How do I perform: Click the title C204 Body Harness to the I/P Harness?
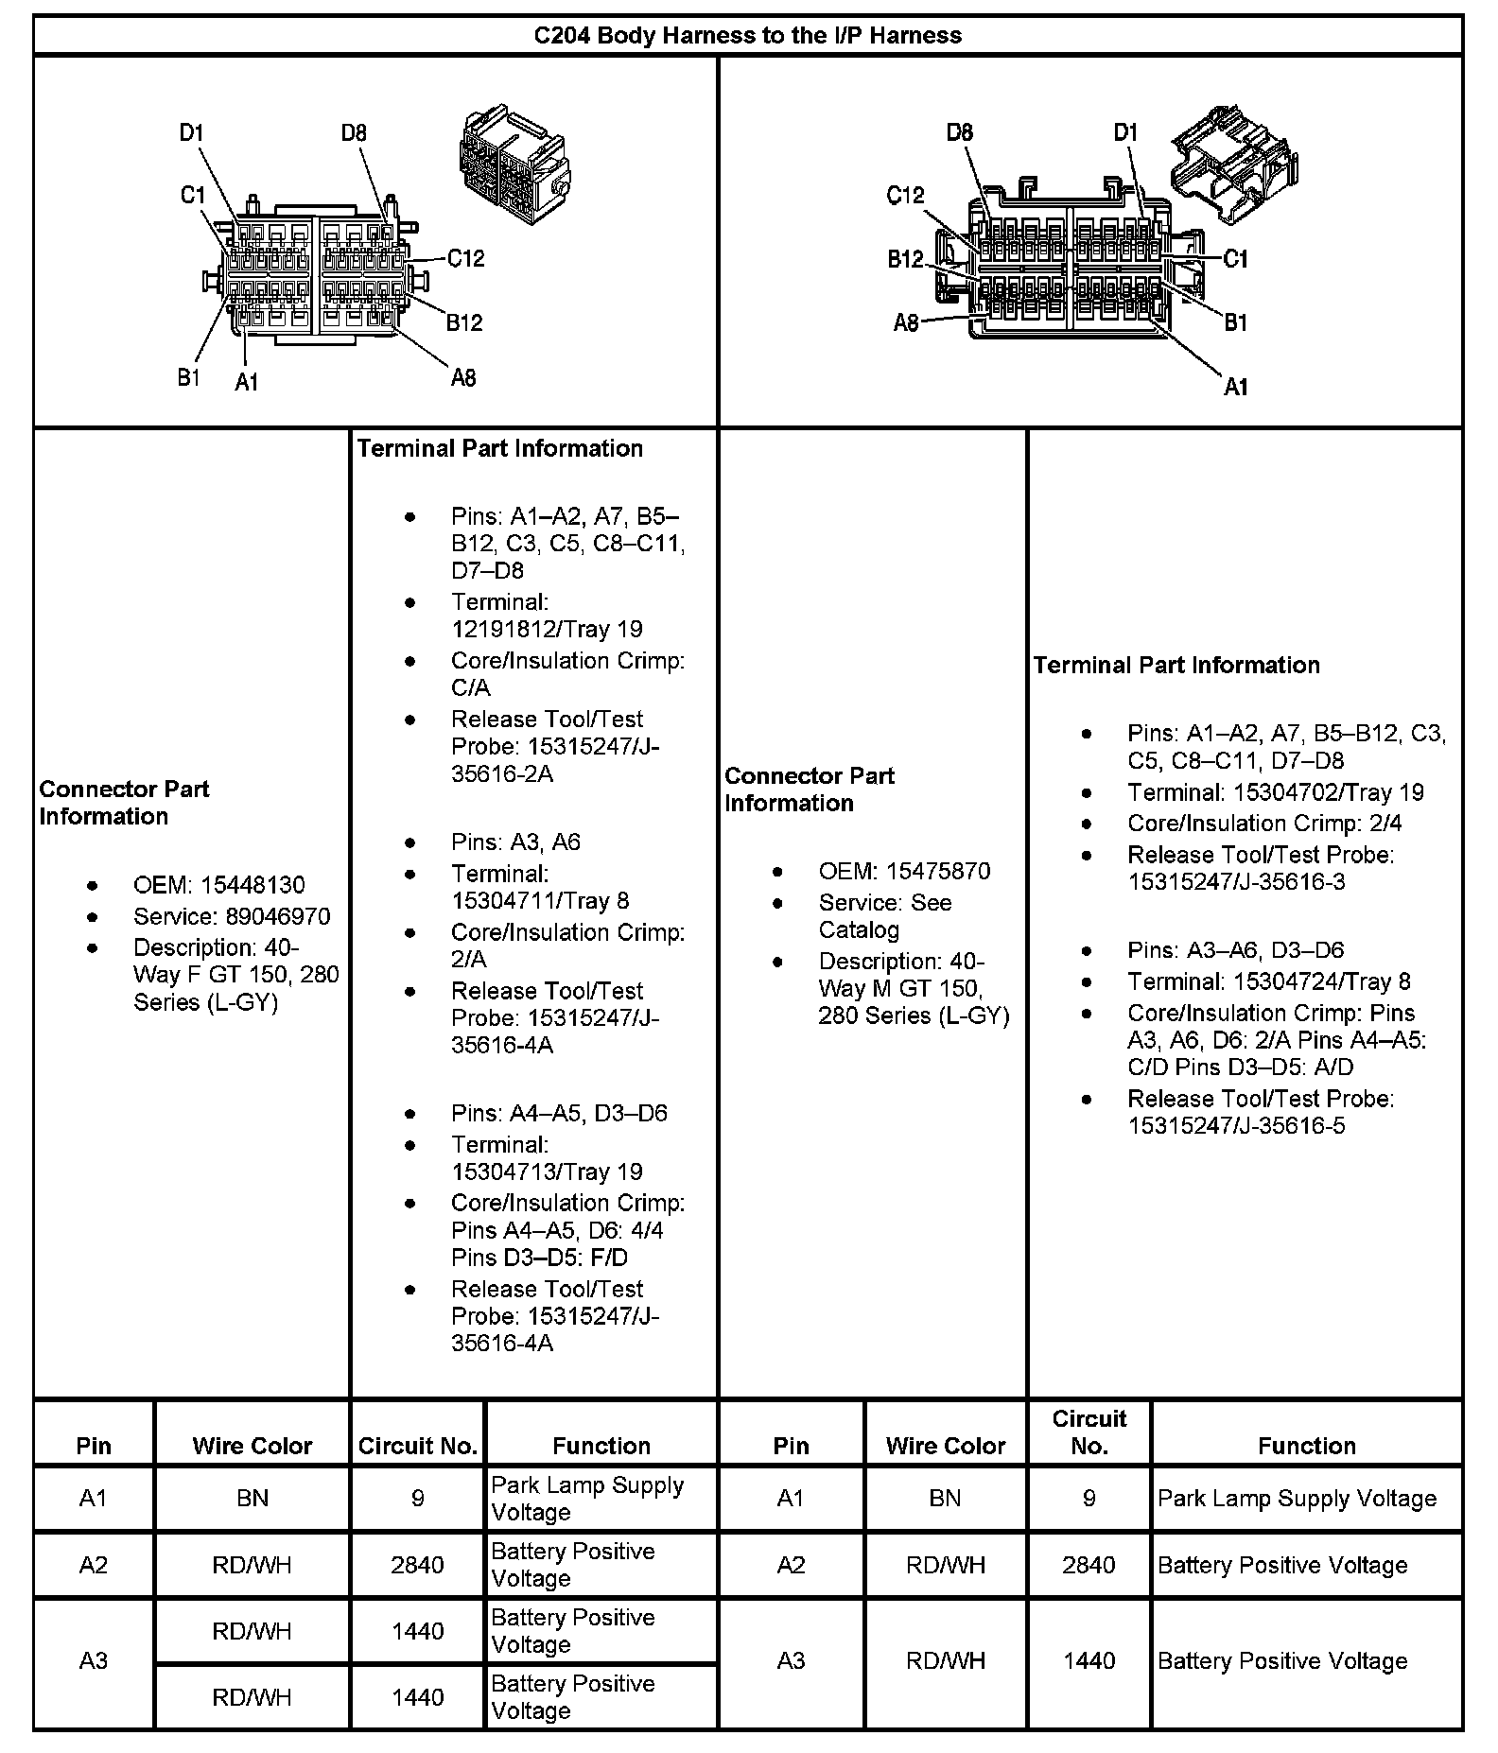coord(747,36)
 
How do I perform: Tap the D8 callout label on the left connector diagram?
coord(354,133)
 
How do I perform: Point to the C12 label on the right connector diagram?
coord(905,195)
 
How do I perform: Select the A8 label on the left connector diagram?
coord(462,378)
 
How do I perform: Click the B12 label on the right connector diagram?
coord(905,260)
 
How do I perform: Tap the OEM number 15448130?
coord(252,885)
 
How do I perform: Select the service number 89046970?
coord(278,916)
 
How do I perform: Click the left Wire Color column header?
coord(252,1446)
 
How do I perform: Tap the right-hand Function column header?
coord(1306,1446)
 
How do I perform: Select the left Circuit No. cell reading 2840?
coord(417,1565)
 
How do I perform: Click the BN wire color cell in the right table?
coord(945,1499)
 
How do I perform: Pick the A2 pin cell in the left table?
coord(94,1565)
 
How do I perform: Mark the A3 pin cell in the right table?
coord(791,1661)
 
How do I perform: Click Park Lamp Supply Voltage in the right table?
coord(1297,1499)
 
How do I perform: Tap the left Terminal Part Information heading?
coord(499,448)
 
